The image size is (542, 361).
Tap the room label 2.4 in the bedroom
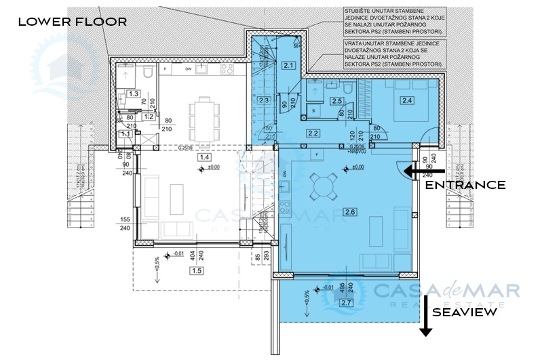tap(407, 100)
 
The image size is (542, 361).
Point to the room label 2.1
tap(288, 66)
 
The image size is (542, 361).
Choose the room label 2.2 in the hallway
tap(313, 133)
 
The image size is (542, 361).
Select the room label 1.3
tap(134, 93)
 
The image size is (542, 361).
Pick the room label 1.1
tap(126, 134)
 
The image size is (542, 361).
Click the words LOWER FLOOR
tap(72, 22)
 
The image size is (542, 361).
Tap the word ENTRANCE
tap(465, 185)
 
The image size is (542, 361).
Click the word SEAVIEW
tap(465, 312)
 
